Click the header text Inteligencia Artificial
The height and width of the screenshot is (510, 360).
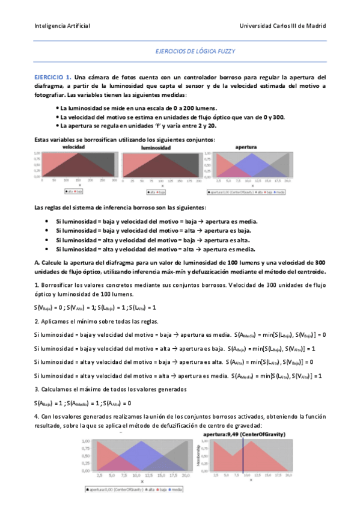tap(62, 26)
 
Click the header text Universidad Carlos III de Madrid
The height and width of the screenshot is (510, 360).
tap(282, 26)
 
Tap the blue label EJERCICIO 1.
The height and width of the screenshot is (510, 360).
tap(52, 77)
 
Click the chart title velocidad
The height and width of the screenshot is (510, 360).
tap(73, 147)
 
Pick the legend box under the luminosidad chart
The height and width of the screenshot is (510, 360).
tap(159, 192)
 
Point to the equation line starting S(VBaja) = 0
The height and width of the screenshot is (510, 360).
tap(95, 307)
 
